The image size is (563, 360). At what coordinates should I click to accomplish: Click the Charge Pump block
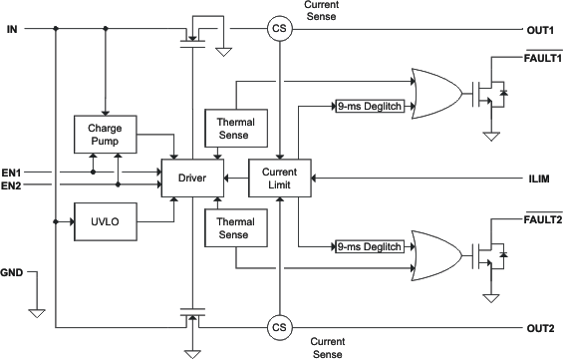tap(104, 135)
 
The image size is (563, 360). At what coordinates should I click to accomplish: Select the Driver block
tap(193, 177)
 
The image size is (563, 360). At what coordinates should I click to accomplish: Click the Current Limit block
tap(279, 177)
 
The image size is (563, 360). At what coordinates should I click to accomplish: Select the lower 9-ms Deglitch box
tap(372, 246)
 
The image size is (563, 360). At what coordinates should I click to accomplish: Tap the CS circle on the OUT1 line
tap(279, 28)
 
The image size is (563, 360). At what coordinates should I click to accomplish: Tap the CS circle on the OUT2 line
tap(279, 326)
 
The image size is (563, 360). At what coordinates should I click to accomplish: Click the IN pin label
tap(13, 28)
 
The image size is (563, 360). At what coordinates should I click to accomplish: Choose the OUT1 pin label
tap(540, 28)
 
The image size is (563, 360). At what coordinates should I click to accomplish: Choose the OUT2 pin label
tap(540, 326)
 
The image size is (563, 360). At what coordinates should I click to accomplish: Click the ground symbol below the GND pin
tap(37, 312)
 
